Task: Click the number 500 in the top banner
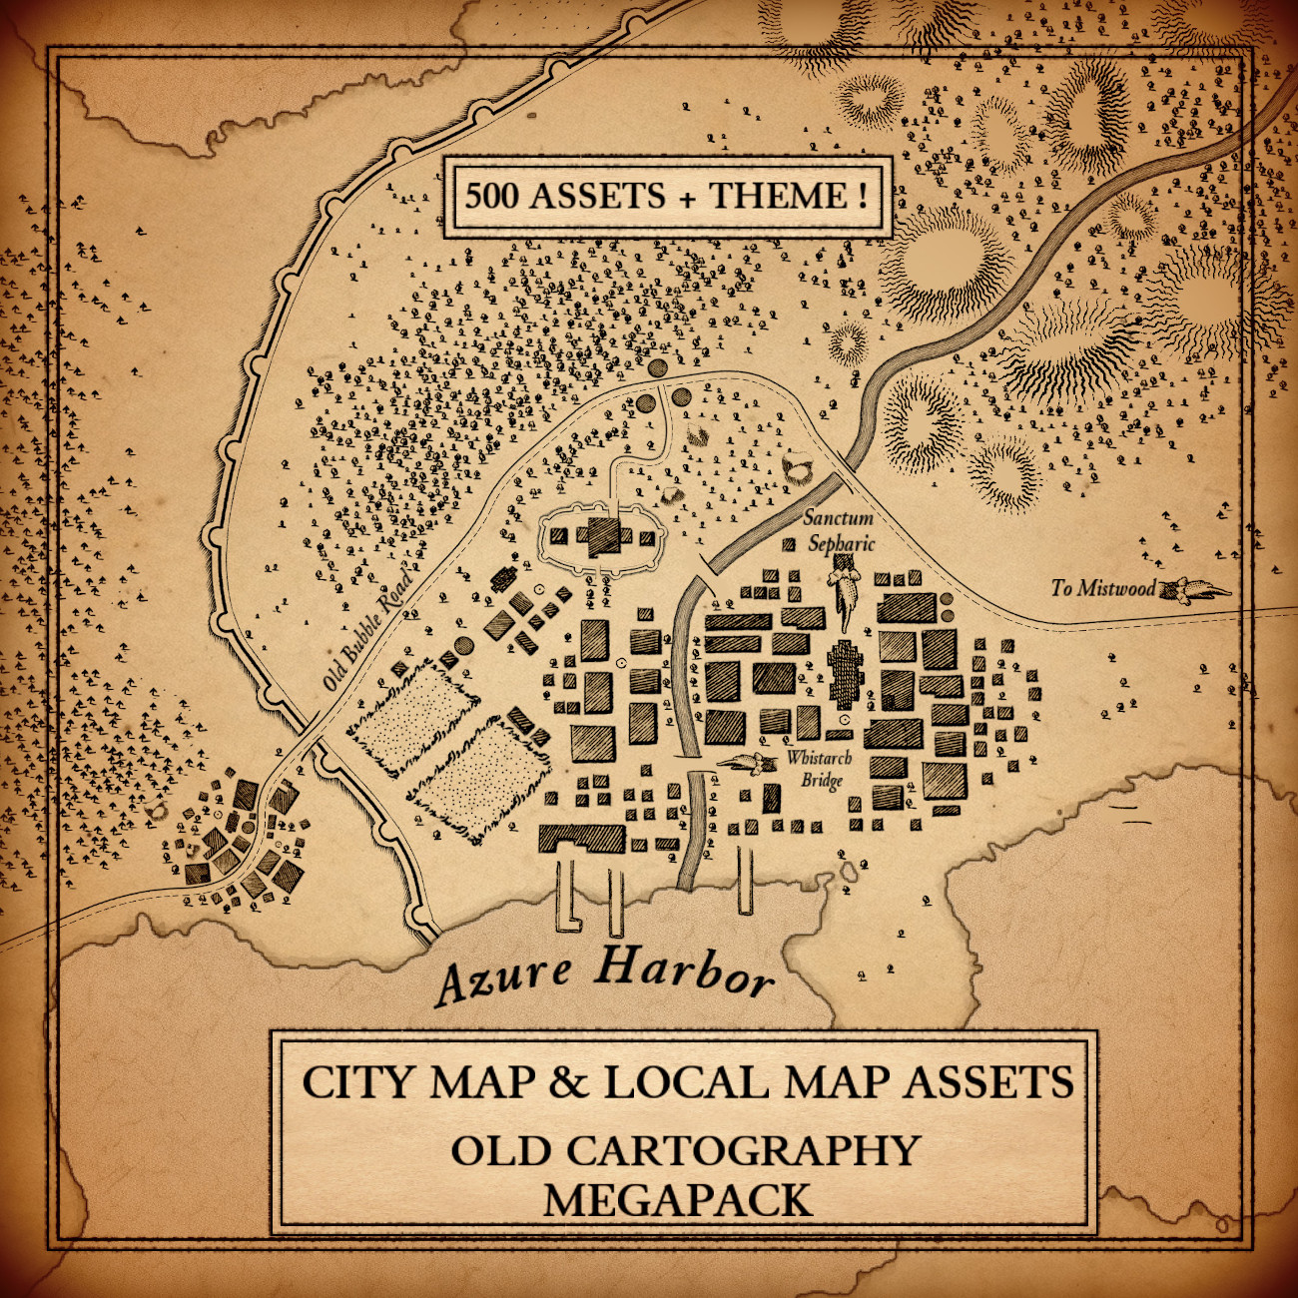pyautogui.click(x=491, y=195)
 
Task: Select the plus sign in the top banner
pyautogui.click(x=686, y=197)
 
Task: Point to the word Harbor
pyautogui.click(x=685, y=972)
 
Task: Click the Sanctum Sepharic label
pyautogui.click(x=840, y=530)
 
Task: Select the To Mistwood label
pyautogui.click(x=1102, y=588)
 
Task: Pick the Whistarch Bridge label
pyautogui.click(x=819, y=769)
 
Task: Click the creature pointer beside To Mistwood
pyautogui.click(x=1194, y=590)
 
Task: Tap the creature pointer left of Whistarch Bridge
pyautogui.click(x=747, y=764)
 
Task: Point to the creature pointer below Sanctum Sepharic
pyautogui.click(x=846, y=593)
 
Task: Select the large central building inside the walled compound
pyautogui.click(x=603, y=536)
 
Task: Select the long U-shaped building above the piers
pyautogui.click(x=582, y=838)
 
